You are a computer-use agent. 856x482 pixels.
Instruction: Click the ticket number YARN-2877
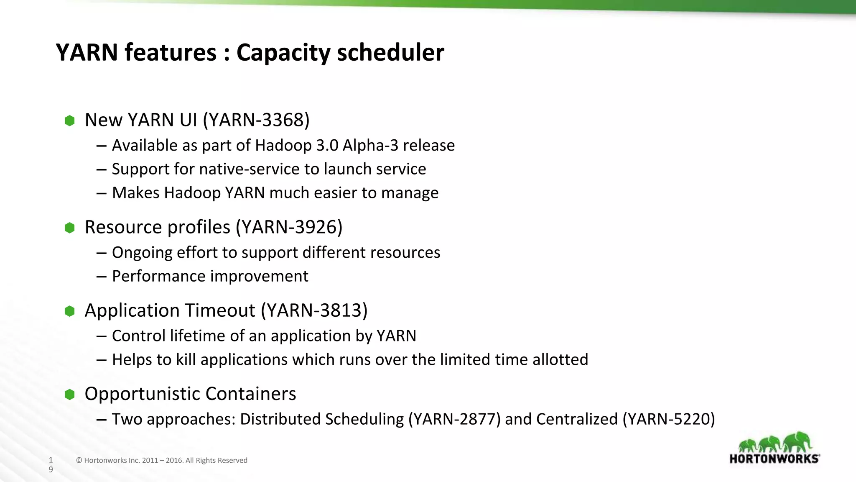coord(454,419)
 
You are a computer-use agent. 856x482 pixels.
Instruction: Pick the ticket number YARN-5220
coord(669,419)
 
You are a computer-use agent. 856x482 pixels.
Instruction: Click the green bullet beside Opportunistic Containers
coord(70,394)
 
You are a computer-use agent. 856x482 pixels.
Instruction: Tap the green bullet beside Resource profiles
coord(70,228)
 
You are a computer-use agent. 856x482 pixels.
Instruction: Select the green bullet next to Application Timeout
coord(70,311)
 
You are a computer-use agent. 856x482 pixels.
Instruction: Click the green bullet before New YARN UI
coord(70,121)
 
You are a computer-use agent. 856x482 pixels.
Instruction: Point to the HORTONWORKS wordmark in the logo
coord(774,459)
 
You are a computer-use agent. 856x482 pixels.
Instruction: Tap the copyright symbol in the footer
coord(79,461)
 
